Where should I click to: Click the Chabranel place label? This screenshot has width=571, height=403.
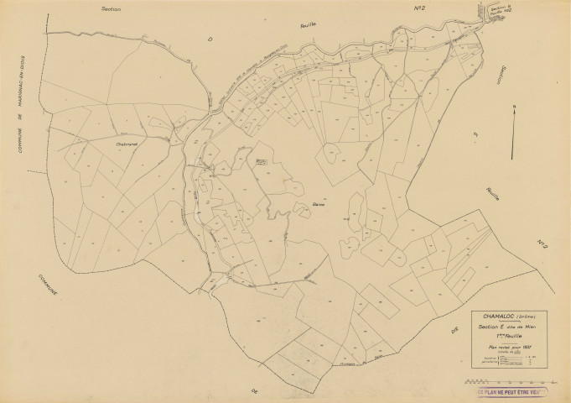coord(122,144)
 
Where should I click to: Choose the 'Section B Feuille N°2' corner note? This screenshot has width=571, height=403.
coord(500,11)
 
